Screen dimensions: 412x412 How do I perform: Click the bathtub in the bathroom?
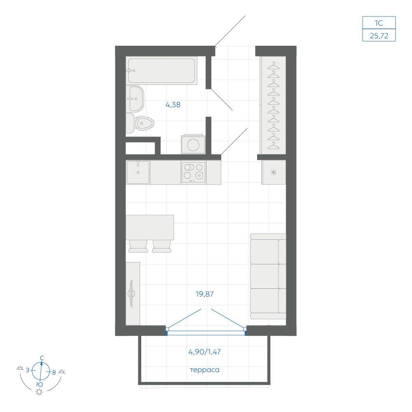pos(162,71)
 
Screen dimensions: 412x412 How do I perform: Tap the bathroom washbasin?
pos(136,98)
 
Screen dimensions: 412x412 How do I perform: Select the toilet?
pos(140,123)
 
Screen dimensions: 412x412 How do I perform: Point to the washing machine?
pos(193,144)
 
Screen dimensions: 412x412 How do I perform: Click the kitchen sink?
pos(138,172)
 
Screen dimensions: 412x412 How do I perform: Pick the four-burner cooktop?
pos(193,172)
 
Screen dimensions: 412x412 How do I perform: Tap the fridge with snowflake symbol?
pos(274,172)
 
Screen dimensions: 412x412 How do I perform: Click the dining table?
pos(150,227)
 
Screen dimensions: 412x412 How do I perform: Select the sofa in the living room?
pos(268,276)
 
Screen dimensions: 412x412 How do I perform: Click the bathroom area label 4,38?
pos(173,105)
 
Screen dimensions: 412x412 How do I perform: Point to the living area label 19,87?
pos(205,294)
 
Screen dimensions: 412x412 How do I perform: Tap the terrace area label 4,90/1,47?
pos(205,351)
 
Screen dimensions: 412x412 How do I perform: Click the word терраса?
pos(205,370)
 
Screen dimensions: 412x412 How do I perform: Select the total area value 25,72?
pos(379,35)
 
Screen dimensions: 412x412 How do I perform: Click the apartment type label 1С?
pos(379,23)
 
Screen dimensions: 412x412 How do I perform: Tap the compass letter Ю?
pos(40,384)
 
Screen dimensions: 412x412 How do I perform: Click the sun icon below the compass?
pos(40,392)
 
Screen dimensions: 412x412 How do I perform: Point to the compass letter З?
pos(28,370)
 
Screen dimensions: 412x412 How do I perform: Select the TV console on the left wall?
pos(133,293)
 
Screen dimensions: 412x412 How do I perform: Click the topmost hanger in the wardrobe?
pos(274,66)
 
